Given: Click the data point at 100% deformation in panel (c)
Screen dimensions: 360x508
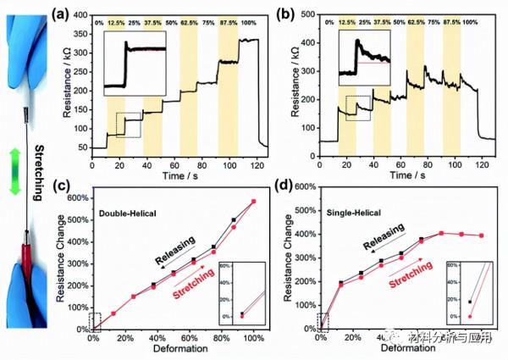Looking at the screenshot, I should point(252,202).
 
